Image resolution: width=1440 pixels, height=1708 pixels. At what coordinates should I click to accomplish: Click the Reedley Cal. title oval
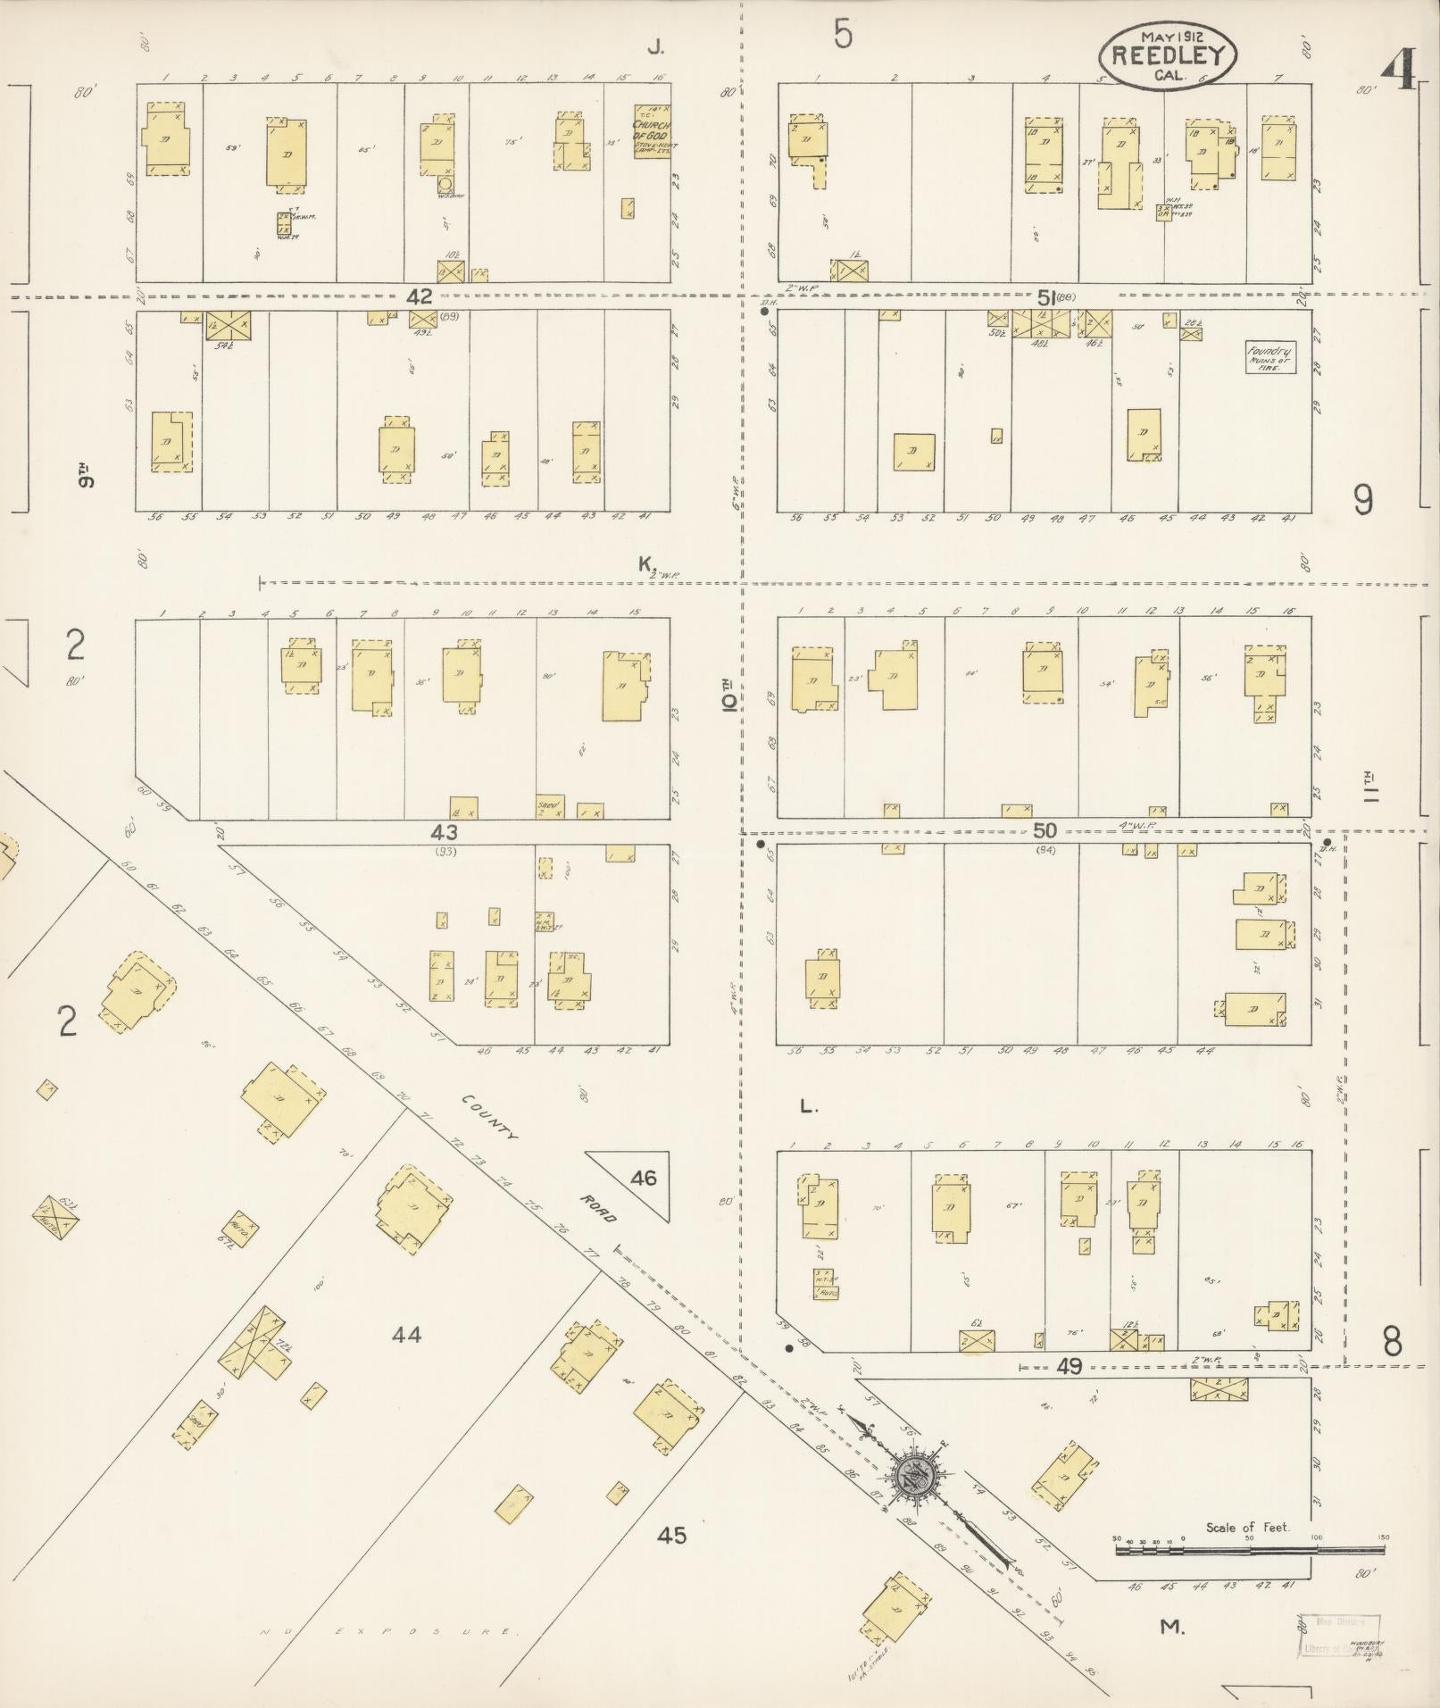point(1168,55)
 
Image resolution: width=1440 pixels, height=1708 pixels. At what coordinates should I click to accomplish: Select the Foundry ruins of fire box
point(1269,358)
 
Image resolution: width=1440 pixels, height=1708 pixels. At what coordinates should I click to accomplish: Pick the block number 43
point(444,832)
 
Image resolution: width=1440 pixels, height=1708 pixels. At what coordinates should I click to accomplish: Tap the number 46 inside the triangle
point(643,1179)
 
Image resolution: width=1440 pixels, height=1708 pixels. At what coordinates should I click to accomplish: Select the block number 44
point(406,1335)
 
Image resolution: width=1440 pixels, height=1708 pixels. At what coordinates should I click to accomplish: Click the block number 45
point(671,1535)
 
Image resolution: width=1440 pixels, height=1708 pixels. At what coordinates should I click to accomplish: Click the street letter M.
point(1170,1628)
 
